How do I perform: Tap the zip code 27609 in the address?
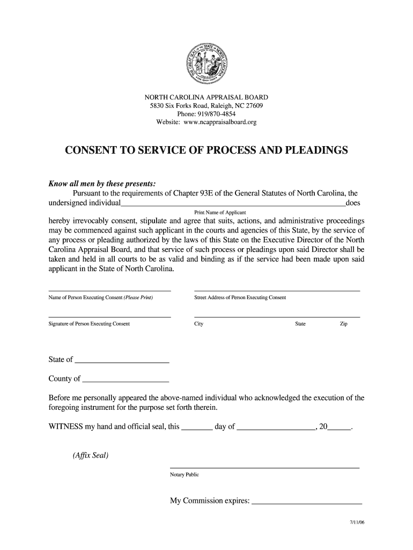(x=252, y=106)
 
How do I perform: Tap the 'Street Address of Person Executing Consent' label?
(x=240, y=298)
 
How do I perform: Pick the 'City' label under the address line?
(x=198, y=324)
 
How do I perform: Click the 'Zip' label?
(x=343, y=324)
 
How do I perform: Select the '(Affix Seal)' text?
(x=90, y=455)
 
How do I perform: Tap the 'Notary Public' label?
(x=184, y=474)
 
